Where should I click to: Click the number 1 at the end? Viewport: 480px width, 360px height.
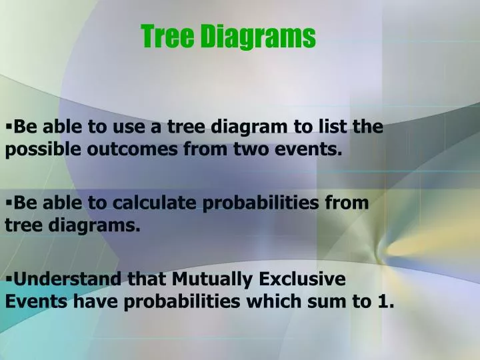pyautogui.click(x=385, y=301)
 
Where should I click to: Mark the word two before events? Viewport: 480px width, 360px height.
pyautogui.click(x=249, y=150)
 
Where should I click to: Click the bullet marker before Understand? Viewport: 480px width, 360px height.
pyautogui.click(x=8, y=275)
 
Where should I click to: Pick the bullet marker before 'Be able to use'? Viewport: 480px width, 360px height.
pyautogui.click(x=8, y=123)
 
